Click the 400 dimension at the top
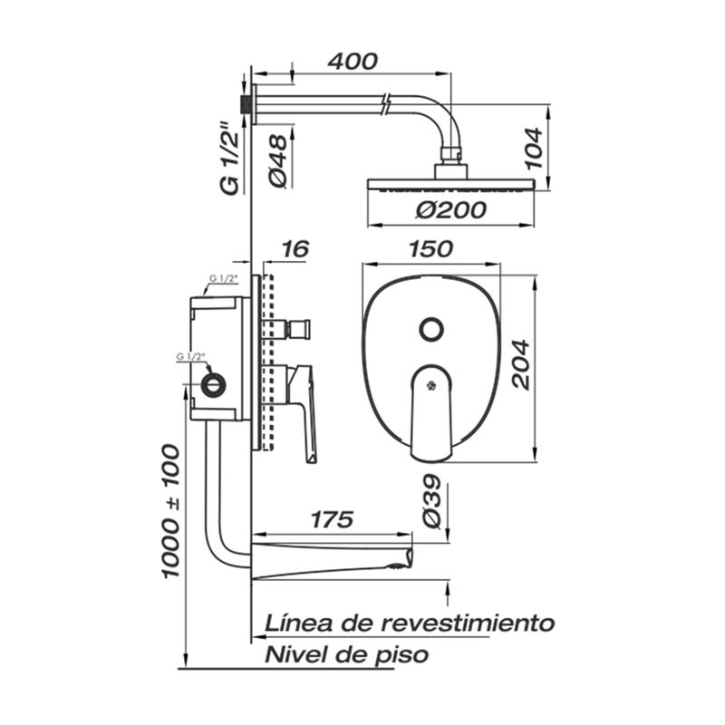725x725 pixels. [x=353, y=62]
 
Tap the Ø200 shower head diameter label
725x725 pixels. [x=450, y=210]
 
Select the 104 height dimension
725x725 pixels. [x=533, y=148]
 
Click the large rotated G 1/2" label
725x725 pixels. [x=230, y=158]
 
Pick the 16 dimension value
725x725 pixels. [x=295, y=249]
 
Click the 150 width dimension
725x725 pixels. [x=431, y=249]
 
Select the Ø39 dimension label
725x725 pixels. [x=433, y=501]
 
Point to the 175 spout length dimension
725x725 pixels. [x=332, y=519]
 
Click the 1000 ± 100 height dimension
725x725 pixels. [x=170, y=511]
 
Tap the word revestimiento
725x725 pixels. [x=468, y=623]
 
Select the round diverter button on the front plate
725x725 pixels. [x=431, y=330]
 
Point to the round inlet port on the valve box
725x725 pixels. [x=214, y=384]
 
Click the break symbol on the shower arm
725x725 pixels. [x=388, y=104]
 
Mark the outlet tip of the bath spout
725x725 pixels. [x=409, y=556]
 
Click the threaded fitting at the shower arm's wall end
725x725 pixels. [x=244, y=103]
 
